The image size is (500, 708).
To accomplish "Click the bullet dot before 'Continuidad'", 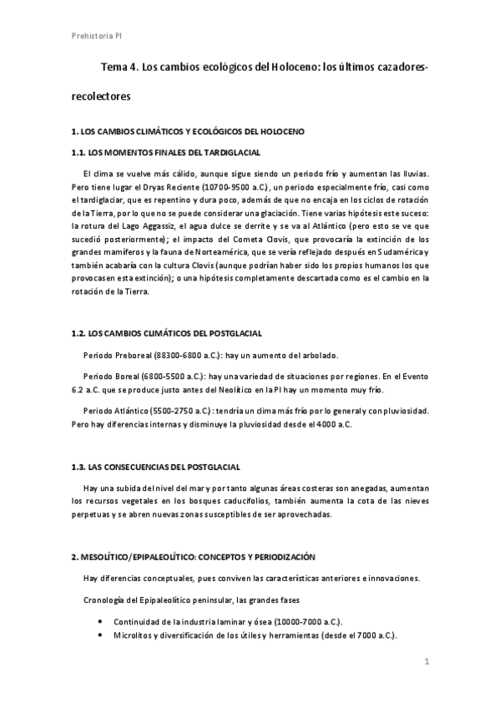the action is point(100,621).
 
